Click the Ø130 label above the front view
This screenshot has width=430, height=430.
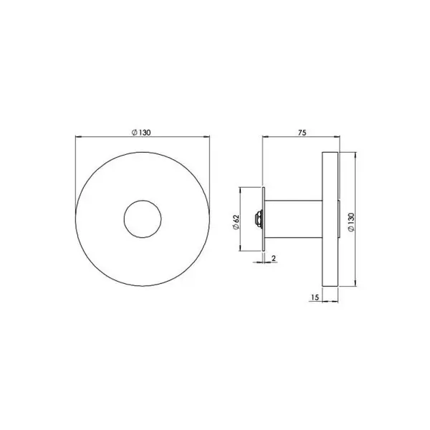[141, 133]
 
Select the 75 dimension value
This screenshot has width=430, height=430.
[302, 133]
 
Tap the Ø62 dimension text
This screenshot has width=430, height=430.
[236, 222]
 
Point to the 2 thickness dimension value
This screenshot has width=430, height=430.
[274, 258]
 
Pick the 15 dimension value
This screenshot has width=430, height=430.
[315, 297]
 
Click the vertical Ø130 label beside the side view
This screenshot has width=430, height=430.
[351, 222]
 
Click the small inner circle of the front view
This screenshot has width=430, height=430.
[143, 219]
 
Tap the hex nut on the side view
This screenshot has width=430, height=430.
[258, 219]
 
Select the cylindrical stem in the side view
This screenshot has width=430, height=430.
[293, 219]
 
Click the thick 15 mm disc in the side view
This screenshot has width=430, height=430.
[330, 219]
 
